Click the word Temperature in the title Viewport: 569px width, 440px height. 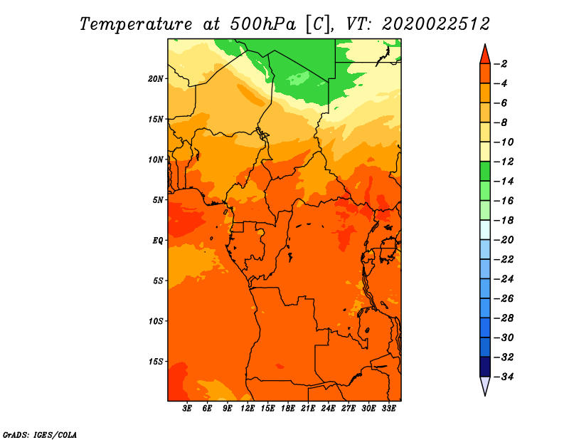point(135,24)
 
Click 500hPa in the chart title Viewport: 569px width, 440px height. point(262,24)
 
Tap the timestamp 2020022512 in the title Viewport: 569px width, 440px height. point(436,24)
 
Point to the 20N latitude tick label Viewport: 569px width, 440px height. point(156,79)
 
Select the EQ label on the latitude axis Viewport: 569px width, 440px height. point(157,241)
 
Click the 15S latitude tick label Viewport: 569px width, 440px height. point(156,362)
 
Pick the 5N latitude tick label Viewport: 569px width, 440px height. point(158,200)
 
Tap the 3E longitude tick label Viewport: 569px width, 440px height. point(187,409)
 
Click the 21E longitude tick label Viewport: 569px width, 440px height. point(308,409)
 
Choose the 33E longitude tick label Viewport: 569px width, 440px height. point(388,409)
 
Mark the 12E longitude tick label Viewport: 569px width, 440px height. point(247,409)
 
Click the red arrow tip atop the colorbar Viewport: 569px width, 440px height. point(485,45)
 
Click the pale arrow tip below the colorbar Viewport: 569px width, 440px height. point(485,395)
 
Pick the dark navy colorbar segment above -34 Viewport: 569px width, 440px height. point(485,367)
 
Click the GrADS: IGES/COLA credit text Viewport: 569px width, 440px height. point(39,434)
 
